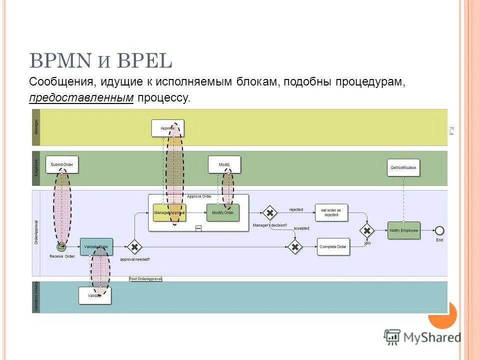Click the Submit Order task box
click(62, 164)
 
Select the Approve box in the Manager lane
click(167, 128)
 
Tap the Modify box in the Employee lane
click(224, 164)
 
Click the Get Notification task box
click(403, 167)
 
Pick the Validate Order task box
click(96, 247)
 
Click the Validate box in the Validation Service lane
click(95, 295)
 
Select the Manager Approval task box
click(169, 212)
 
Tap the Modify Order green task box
click(222, 212)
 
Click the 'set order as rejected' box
click(331, 212)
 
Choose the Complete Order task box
click(333, 247)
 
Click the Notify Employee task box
click(403, 230)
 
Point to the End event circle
click(439, 230)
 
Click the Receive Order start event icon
click(61, 247)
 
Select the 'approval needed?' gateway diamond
click(134, 247)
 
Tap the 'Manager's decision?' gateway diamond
click(269, 213)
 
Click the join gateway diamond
click(367, 230)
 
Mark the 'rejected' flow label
click(296, 209)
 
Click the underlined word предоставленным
click(81, 97)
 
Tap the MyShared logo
click(422, 337)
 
